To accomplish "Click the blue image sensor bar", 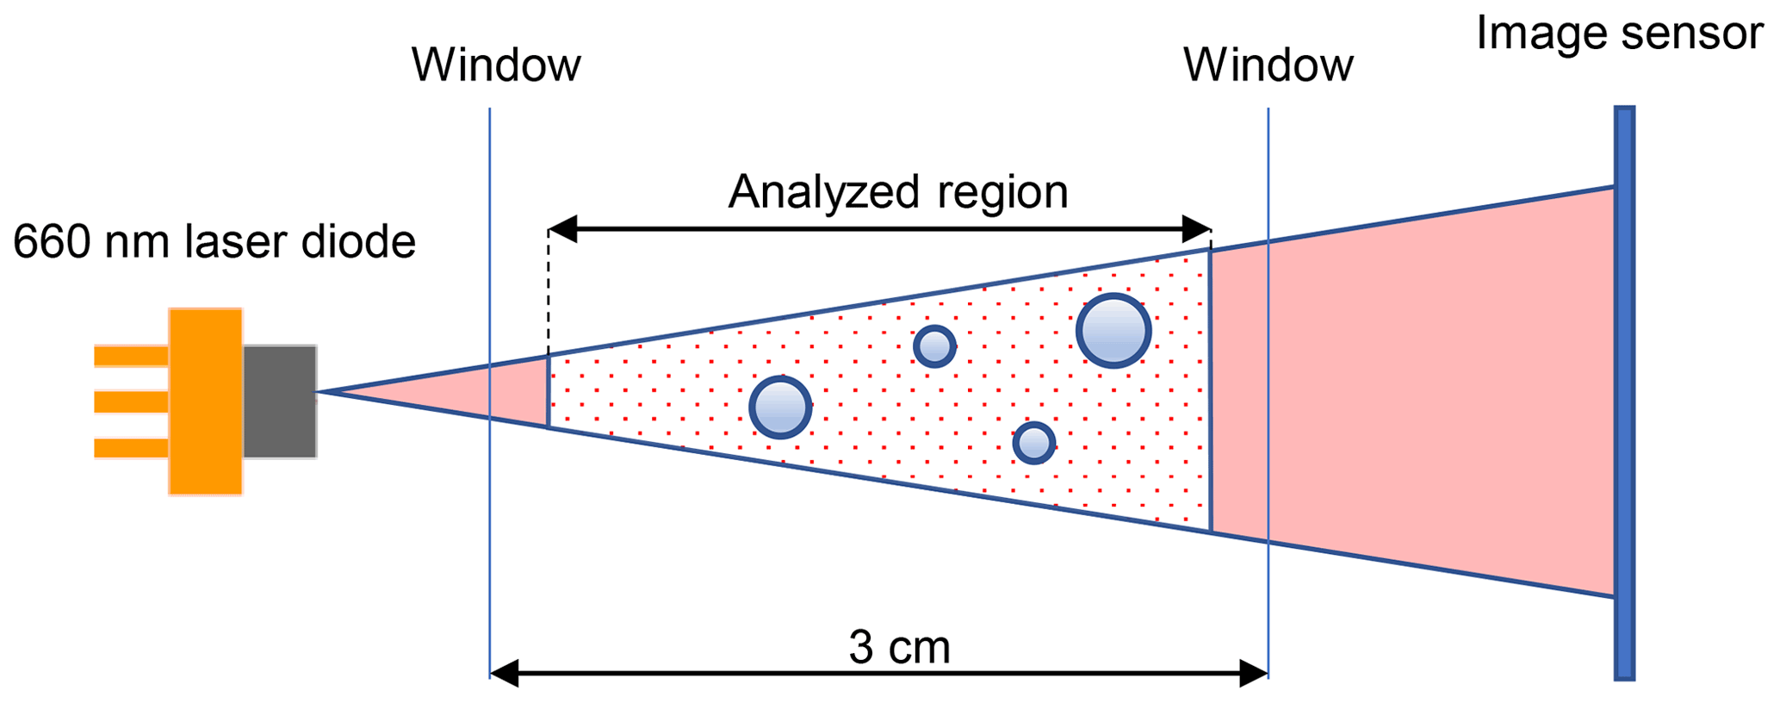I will click(1623, 393).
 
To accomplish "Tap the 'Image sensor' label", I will click(1619, 34).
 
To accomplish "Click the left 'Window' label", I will click(496, 65).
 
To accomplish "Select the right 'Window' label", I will click(1268, 65).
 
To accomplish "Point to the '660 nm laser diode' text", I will click(214, 242).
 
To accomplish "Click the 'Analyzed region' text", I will click(897, 191).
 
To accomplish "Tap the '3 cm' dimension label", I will click(899, 647).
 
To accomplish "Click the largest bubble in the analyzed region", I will click(1113, 331).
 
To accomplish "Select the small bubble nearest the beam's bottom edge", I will click(1033, 443).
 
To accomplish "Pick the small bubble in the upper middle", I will click(933, 346).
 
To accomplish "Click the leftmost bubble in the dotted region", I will click(780, 407).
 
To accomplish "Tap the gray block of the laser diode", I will click(279, 401).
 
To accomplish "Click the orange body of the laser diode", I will click(205, 401).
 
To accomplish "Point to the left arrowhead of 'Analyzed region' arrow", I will click(561, 229).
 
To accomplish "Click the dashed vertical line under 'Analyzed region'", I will click(549, 293).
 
